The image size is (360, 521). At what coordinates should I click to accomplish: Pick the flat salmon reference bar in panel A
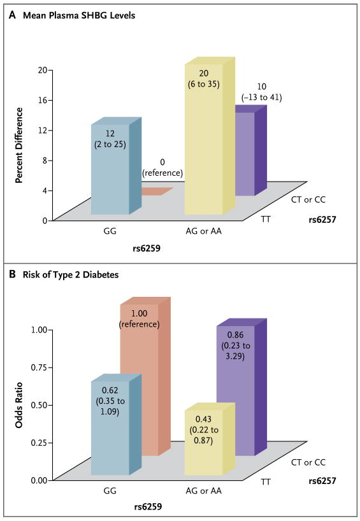tap(156, 191)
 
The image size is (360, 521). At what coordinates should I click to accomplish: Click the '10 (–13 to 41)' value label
tap(261, 92)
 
